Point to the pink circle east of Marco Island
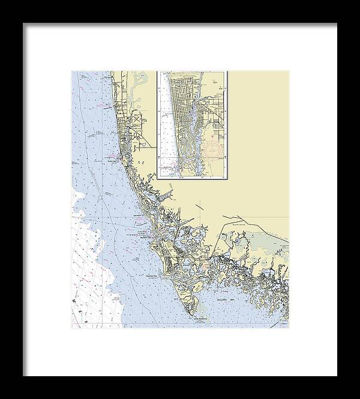click(206, 263)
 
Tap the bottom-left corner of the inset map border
click(158, 179)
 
